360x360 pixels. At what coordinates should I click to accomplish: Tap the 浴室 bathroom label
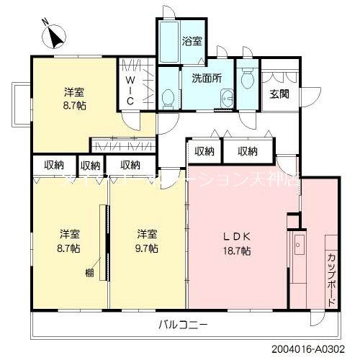point(192,41)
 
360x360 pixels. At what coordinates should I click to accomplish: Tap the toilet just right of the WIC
point(168,95)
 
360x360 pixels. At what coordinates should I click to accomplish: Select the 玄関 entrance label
point(279,94)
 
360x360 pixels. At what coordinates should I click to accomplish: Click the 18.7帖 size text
point(237,251)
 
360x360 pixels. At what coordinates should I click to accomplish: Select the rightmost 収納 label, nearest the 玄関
point(247,150)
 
